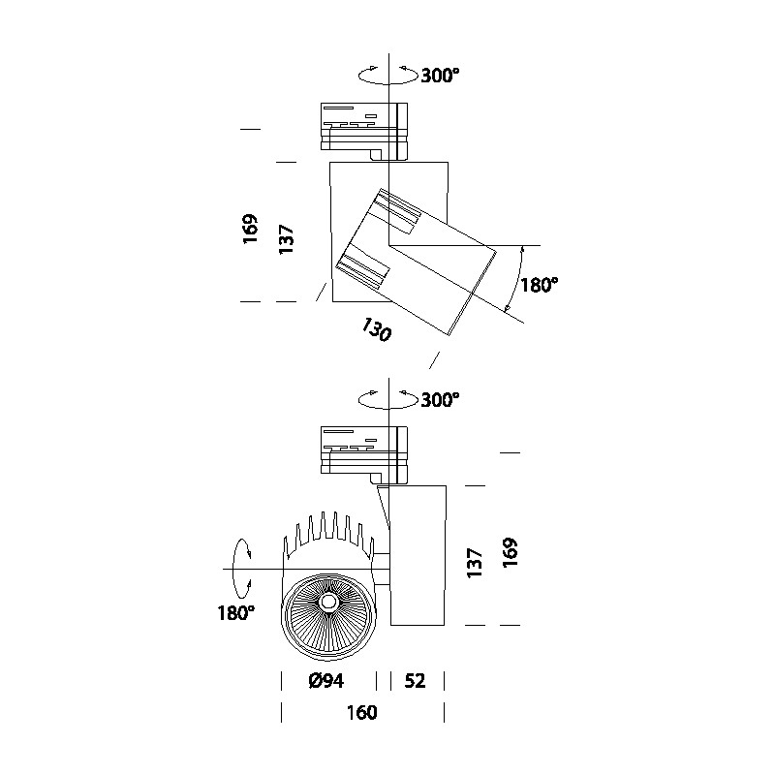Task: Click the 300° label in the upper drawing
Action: [440, 77]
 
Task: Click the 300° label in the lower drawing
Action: [440, 399]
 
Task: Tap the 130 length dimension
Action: [376, 330]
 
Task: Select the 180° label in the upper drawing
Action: [539, 286]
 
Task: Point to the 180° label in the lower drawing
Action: [235, 613]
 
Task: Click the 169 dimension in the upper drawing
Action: [251, 232]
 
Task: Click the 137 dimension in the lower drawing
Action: [475, 563]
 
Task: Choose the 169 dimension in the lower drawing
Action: [511, 552]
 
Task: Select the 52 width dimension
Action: [414, 681]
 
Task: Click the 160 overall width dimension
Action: [361, 714]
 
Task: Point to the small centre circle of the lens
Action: [327, 602]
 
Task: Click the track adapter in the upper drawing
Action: [367, 126]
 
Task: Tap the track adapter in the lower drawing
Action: [367, 449]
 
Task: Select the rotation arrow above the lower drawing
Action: [387, 397]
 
